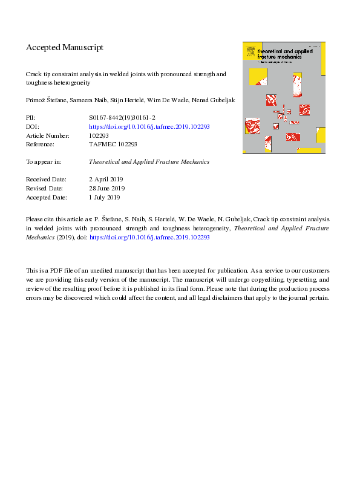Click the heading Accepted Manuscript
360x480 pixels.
(65, 47)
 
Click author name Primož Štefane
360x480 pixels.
(45, 100)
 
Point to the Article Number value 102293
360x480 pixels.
(99, 136)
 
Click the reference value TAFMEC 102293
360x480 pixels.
(113, 144)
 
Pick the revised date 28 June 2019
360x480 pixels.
(106, 188)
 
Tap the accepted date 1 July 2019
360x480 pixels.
(104, 197)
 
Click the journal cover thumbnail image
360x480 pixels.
(284, 97)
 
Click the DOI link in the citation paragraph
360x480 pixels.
(149, 238)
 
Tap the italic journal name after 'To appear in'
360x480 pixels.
(148, 162)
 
